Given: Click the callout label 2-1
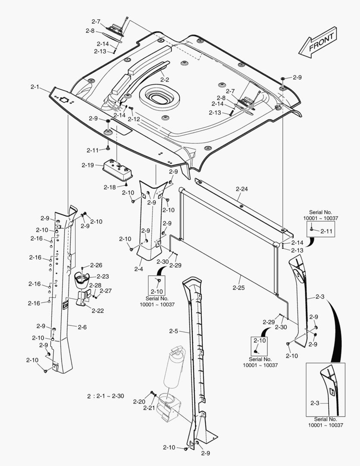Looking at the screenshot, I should (x=35, y=87).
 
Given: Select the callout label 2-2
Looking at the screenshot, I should (x=164, y=79).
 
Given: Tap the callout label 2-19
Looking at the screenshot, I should (x=88, y=165).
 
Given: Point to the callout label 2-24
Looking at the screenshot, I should (x=241, y=189).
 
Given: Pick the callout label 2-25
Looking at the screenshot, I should (x=238, y=287).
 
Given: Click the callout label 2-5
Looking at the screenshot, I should (x=174, y=331).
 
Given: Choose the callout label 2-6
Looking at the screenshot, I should (x=82, y=327).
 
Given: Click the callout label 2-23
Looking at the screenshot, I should (x=103, y=277).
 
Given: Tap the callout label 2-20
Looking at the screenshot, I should (x=139, y=402).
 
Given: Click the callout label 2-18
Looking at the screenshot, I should (x=110, y=187).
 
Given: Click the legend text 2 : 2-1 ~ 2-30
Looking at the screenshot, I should (x=106, y=396).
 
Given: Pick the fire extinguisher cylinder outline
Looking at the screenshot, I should (x=173, y=371).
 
